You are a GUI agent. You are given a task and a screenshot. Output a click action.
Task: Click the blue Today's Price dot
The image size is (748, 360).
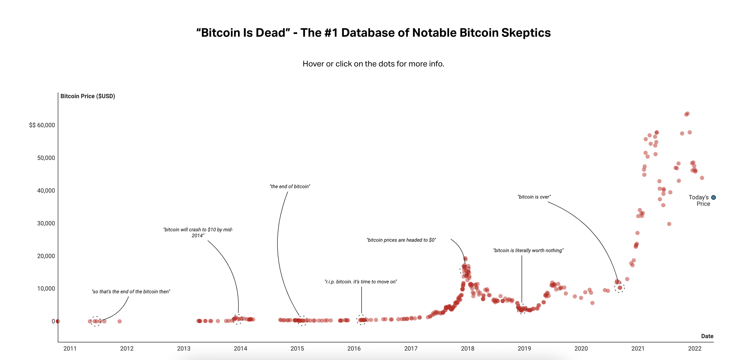(x=714, y=197)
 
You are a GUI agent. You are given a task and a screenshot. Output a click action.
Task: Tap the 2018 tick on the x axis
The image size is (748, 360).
(x=467, y=348)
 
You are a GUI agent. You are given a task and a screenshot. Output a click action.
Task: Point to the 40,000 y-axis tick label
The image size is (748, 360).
(x=46, y=191)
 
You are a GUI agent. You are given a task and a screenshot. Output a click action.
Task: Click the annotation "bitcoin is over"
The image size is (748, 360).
(x=534, y=197)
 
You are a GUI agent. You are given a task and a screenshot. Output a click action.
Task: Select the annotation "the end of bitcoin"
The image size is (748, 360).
(x=290, y=186)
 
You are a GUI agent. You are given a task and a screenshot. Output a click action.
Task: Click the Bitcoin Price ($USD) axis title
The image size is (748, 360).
(x=88, y=96)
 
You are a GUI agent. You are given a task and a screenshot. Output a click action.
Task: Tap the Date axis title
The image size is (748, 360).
(x=707, y=336)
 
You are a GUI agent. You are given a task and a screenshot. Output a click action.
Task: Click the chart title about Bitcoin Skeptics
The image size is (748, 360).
(x=374, y=32)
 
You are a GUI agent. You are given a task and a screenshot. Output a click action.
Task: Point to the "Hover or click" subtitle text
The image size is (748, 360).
(x=374, y=64)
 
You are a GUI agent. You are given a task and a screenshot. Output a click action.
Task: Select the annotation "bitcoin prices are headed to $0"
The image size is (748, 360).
(x=401, y=240)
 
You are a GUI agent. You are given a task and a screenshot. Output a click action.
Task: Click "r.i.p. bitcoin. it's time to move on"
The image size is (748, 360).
(x=361, y=282)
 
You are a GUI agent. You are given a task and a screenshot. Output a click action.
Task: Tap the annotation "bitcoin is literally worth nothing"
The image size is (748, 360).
(x=528, y=251)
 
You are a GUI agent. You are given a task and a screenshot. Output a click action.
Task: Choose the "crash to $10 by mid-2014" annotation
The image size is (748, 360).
(x=198, y=233)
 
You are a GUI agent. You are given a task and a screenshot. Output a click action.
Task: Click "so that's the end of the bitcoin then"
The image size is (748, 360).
(x=131, y=292)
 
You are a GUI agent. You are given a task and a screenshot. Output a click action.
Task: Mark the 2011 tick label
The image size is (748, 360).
(x=70, y=348)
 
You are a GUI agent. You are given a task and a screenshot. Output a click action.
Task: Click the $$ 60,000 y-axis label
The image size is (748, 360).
(x=42, y=125)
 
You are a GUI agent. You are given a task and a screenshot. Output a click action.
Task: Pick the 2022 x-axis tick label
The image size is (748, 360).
(x=695, y=348)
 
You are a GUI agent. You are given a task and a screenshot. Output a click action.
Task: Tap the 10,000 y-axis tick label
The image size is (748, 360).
(x=46, y=289)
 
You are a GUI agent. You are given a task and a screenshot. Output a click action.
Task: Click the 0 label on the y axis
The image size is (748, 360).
(x=53, y=321)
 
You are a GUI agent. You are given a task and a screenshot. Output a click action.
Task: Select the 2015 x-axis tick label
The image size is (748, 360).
(x=297, y=348)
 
